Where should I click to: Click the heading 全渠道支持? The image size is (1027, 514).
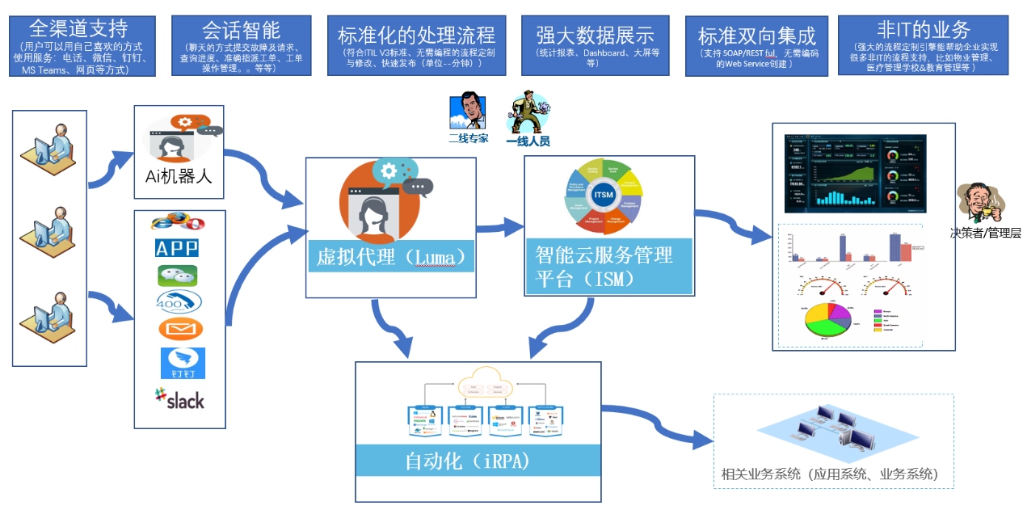point(78,30)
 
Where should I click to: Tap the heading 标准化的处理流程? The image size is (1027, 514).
point(416,35)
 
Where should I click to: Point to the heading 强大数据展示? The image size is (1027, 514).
point(595,35)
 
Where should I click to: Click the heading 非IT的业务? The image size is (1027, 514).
point(924,30)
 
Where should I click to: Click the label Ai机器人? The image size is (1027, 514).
point(179,175)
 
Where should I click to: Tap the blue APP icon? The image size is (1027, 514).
point(176,247)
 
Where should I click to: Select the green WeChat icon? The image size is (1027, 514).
point(178,276)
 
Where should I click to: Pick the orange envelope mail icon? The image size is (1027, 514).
point(180,329)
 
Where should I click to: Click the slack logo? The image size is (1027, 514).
point(179,399)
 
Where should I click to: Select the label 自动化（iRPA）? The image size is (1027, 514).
point(466,461)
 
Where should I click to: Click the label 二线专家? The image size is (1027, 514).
point(469,138)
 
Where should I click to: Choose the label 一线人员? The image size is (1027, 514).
point(528,141)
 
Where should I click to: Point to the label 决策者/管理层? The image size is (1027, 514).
point(985,233)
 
